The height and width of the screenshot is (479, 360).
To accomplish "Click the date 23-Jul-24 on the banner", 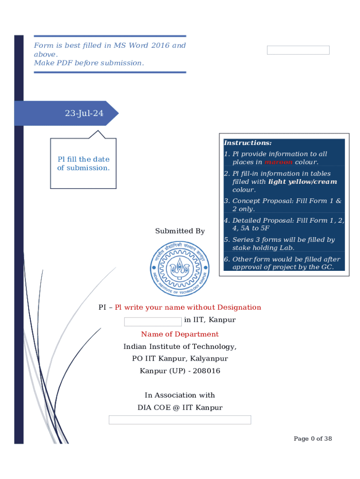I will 84,113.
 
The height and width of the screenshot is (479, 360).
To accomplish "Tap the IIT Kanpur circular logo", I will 180,269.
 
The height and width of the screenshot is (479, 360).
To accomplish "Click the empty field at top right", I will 298,50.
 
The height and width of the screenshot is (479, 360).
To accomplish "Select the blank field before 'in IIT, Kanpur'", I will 152,321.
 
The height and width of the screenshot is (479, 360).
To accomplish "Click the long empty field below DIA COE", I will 180,420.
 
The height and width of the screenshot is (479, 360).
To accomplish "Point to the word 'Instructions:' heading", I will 247,143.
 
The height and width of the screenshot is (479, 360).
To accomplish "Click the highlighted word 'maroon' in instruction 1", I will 278,162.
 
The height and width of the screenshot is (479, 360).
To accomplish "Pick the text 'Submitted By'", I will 180,231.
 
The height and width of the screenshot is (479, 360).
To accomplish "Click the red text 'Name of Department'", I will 180,334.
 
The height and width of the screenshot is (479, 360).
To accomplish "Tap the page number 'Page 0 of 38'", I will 312,438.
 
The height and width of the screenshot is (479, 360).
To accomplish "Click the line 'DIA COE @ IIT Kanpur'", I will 180,407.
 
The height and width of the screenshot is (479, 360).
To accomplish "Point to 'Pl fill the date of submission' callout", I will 83,164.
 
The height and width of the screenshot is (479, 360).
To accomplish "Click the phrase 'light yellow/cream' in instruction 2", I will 302,182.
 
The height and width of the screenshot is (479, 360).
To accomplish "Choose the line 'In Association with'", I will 180,395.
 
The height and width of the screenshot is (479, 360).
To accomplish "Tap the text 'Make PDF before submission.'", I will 89,63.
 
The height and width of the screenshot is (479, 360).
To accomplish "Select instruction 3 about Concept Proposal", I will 284,205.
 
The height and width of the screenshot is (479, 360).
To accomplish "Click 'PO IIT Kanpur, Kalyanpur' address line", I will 180,359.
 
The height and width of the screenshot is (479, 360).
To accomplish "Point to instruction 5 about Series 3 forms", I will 284,244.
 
